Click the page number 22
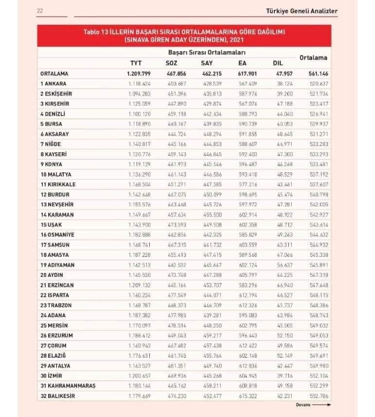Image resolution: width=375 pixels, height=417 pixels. coord(40,11)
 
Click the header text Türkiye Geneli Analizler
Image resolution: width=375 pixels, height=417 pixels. coord(302,11)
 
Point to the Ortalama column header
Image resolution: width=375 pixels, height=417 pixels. coord(313,57)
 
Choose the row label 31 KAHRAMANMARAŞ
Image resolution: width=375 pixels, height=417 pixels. coord(68,386)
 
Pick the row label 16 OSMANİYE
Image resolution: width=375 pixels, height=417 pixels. coord(59,235)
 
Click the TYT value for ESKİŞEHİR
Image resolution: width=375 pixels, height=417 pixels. coord(139,93)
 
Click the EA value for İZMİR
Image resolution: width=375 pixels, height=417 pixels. coord(248,376)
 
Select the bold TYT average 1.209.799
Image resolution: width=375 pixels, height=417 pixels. coord(139,73)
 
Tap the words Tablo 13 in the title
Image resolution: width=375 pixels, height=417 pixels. coord(96,32)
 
